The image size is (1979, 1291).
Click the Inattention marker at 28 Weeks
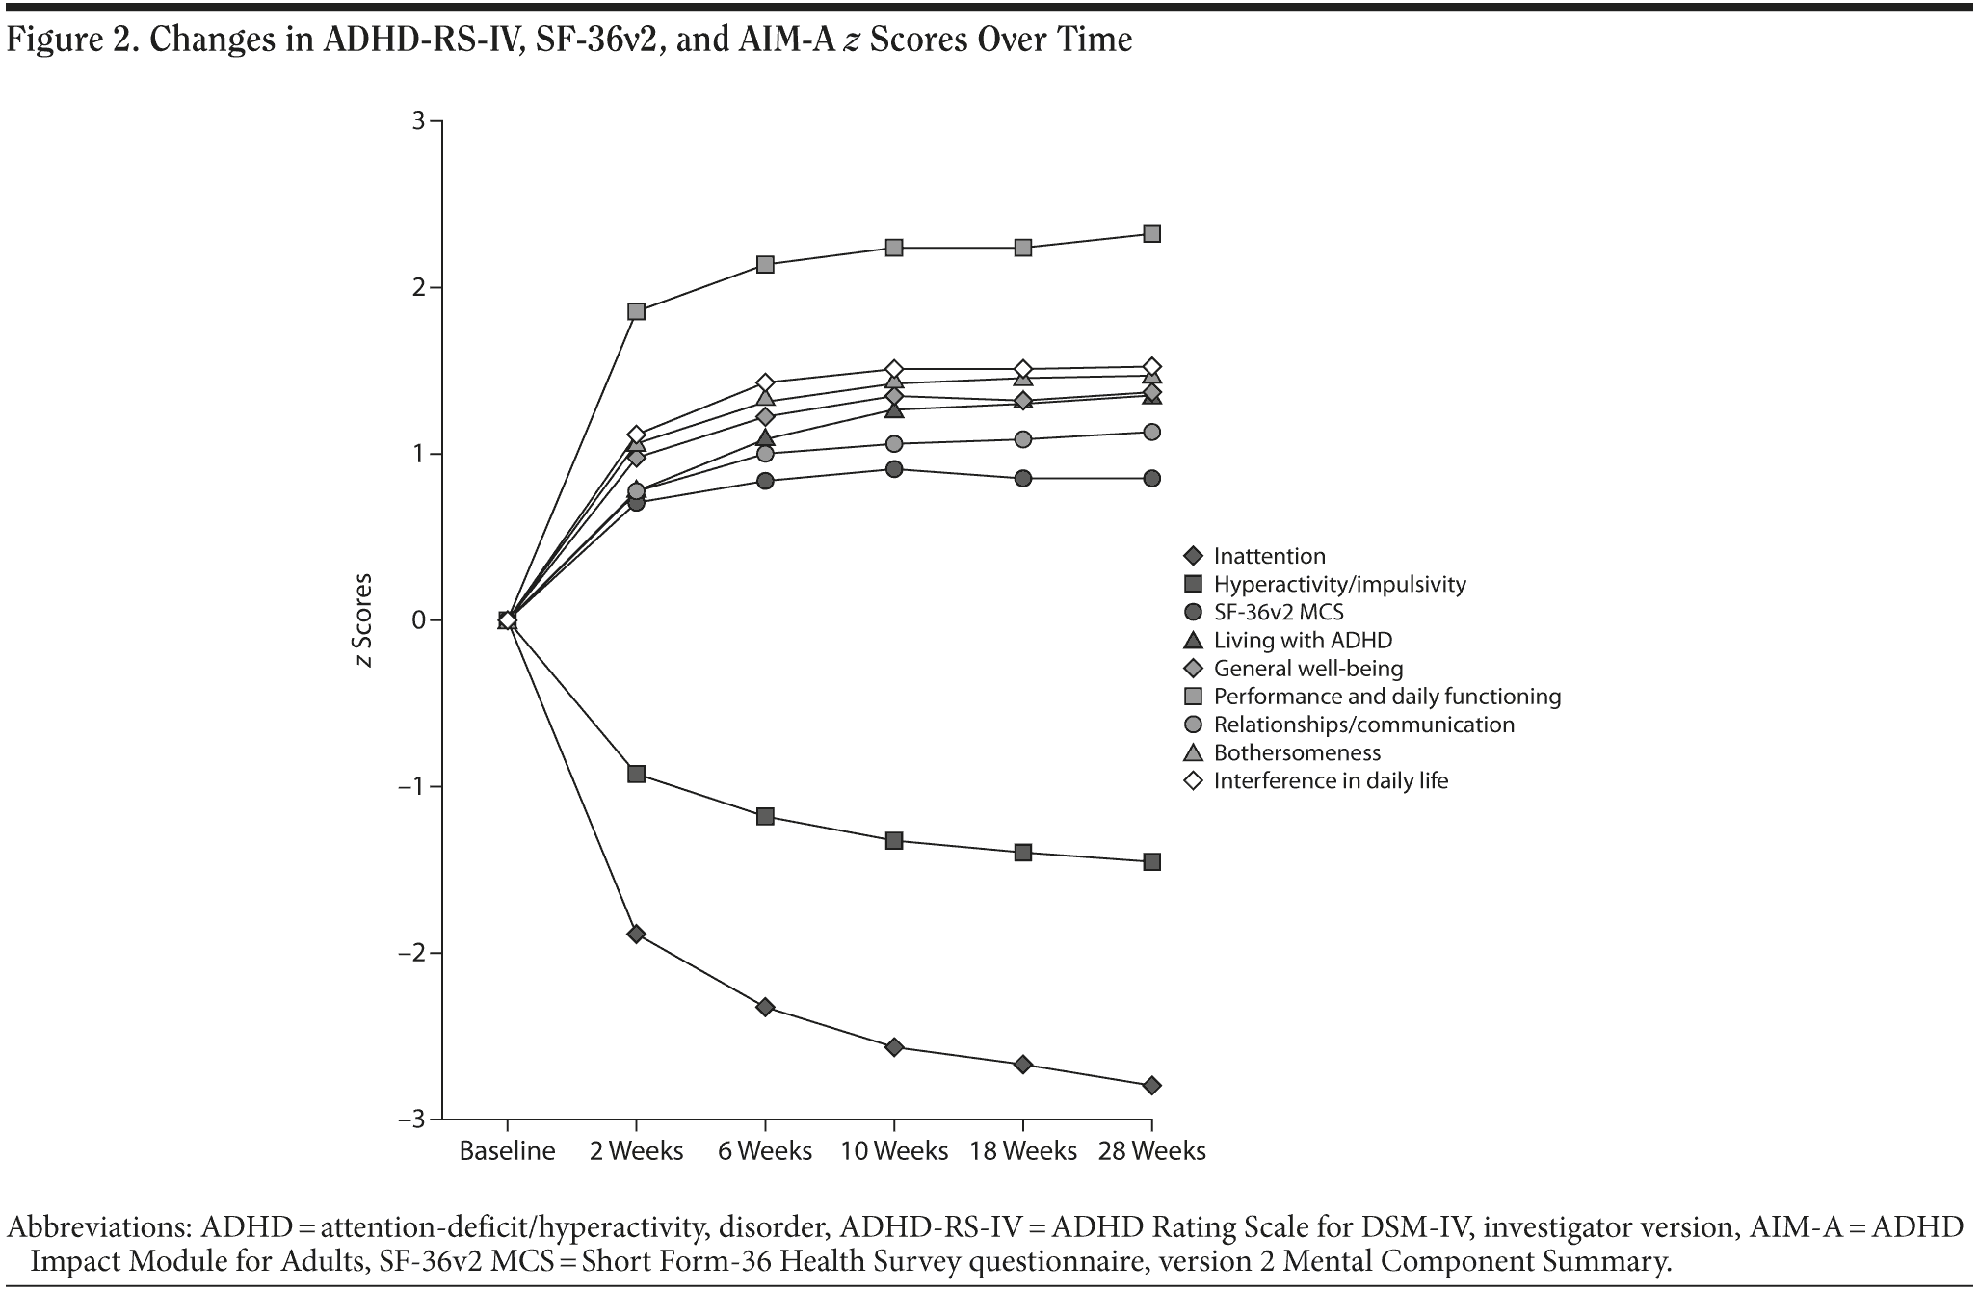point(1151,1086)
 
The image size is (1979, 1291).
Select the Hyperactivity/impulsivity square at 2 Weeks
point(636,774)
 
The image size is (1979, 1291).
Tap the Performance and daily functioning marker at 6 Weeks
point(765,264)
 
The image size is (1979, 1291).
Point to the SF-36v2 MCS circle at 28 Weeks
point(1151,479)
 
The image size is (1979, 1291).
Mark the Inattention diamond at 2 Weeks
point(636,934)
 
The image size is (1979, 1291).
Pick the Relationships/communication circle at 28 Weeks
point(1151,432)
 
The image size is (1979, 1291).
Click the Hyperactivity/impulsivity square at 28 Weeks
point(1151,862)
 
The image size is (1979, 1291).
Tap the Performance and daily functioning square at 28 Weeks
point(1151,234)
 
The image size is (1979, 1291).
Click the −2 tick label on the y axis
point(412,953)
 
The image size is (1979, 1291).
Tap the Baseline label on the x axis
point(507,1151)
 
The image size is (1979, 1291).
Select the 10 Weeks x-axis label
point(893,1151)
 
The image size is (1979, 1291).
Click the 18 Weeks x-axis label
point(1022,1151)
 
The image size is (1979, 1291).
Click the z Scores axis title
point(364,620)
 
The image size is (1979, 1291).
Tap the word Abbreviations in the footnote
point(96,1227)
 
